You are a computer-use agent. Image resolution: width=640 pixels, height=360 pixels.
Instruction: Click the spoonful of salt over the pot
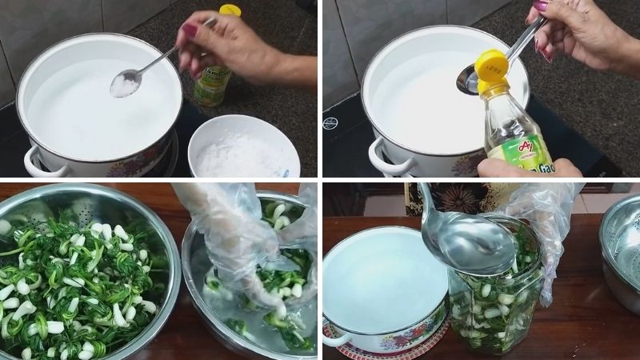point(125,84)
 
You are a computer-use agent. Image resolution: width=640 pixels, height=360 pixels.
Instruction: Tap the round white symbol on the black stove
point(330,122)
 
